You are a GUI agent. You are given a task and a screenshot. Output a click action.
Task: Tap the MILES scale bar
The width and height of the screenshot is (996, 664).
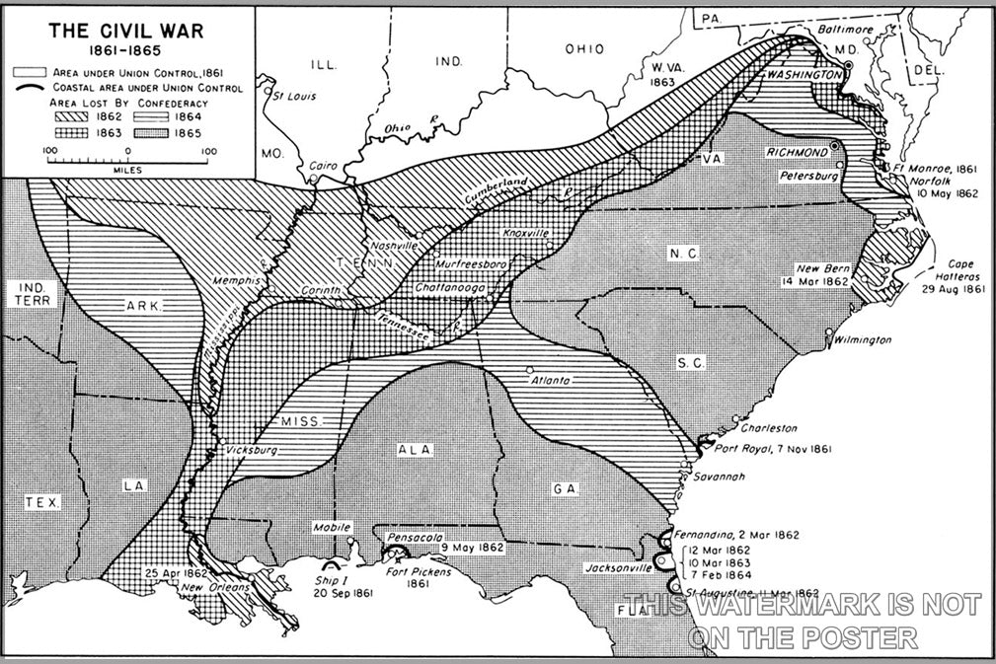pos(127,159)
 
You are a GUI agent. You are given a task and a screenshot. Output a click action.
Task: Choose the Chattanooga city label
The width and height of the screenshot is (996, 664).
pos(450,286)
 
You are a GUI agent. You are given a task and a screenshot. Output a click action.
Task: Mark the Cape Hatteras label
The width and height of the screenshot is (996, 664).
pos(948,270)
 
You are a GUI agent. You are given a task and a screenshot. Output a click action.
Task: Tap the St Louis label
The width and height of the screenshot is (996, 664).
pos(293,96)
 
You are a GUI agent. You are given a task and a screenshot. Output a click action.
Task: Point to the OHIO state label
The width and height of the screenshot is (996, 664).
pos(583,49)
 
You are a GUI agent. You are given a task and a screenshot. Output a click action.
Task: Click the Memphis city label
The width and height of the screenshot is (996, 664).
pos(236,281)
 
